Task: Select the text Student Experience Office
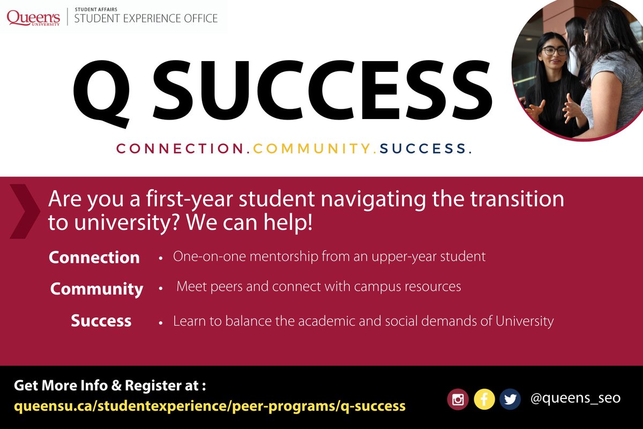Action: pos(146,19)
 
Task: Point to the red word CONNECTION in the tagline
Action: pos(180,149)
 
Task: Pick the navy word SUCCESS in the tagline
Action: pos(425,149)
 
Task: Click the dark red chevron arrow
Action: pos(25,211)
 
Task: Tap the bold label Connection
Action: pos(94,257)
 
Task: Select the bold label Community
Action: pos(97,289)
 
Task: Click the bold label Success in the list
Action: pos(101,321)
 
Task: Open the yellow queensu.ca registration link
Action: pos(210,405)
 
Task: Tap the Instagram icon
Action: pos(458,400)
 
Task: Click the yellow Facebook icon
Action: pos(484,400)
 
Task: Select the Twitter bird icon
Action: pos(510,400)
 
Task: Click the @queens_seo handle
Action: pos(575,398)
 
